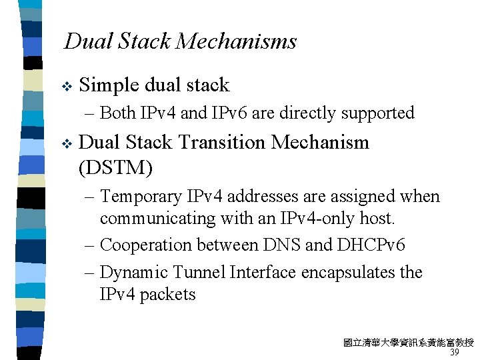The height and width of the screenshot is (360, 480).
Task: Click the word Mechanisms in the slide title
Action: pyautogui.click(x=236, y=42)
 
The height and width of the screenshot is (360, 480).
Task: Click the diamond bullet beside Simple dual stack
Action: pyautogui.click(x=65, y=86)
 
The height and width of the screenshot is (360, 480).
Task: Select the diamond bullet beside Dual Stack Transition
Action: pyautogui.click(x=65, y=143)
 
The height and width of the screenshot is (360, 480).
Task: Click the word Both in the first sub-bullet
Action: pyautogui.click(x=118, y=113)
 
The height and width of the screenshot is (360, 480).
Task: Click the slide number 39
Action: pyautogui.click(x=455, y=353)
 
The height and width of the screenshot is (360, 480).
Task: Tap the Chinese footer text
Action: pyautogui.click(x=408, y=343)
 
